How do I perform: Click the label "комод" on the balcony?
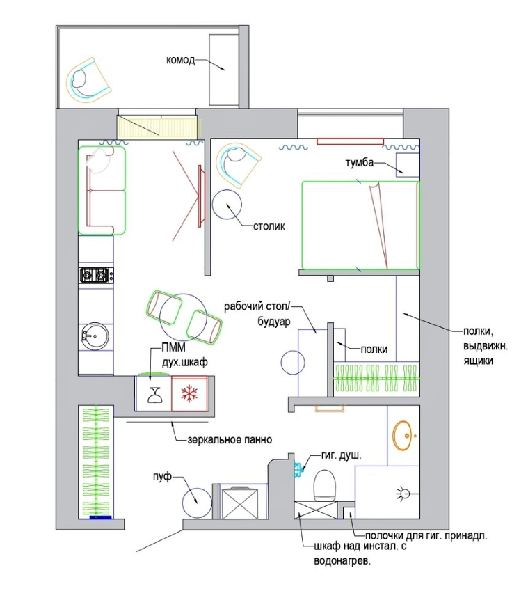pyautogui.click(x=180, y=61)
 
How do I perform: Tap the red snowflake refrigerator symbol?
pyautogui.click(x=189, y=393)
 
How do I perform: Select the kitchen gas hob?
pyautogui.click(x=97, y=275)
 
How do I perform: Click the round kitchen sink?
pyautogui.click(x=95, y=336)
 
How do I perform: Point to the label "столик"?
pyautogui.click(x=269, y=226)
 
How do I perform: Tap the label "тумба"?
pyautogui.click(x=360, y=162)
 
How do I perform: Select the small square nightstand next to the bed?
pyautogui.click(x=407, y=165)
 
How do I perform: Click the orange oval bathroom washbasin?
pyautogui.click(x=403, y=435)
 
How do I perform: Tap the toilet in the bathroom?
pyautogui.click(x=324, y=485)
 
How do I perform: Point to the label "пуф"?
pyautogui.click(x=162, y=477)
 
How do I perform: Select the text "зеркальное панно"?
pyautogui.click(x=230, y=439)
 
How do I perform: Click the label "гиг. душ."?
pyautogui.click(x=342, y=455)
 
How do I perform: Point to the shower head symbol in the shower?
pyautogui.click(x=403, y=493)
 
